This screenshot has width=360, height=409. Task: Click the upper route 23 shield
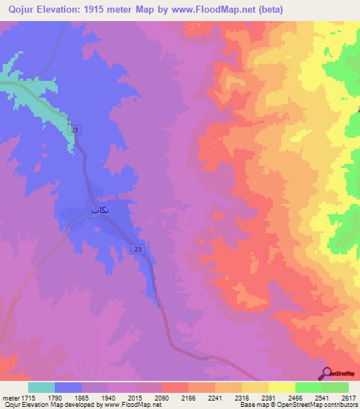[75, 130]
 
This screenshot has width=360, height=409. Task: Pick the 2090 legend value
[161, 398]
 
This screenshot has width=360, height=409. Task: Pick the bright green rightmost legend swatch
[335, 387]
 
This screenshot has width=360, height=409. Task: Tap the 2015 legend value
[135, 398]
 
